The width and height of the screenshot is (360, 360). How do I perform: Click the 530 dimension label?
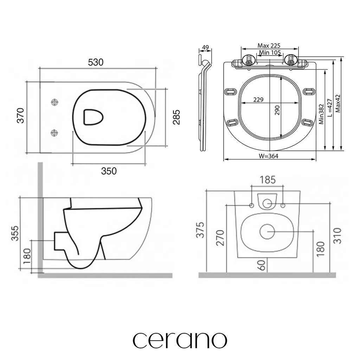point(96,62)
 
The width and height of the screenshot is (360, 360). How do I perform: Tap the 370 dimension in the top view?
point(21,115)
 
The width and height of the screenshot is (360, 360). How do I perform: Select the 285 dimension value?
point(176,117)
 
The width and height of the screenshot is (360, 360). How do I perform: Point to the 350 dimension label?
point(109,171)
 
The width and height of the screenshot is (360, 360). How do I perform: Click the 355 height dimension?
point(15,233)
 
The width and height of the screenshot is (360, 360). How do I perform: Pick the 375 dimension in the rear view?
point(200,230)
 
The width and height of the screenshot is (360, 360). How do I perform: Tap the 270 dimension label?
point(220,238)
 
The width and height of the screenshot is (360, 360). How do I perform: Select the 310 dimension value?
point(337,236)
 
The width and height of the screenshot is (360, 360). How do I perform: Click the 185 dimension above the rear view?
point(268,180)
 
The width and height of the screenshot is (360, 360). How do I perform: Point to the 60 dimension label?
point(262,265)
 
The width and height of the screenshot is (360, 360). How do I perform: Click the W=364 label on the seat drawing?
point(268,156)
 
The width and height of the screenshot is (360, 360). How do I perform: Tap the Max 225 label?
point(269,46)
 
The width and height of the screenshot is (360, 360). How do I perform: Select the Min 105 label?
point(270,53)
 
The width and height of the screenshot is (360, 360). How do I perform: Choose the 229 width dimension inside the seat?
point(258,99)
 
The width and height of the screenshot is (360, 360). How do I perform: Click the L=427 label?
point(330,108)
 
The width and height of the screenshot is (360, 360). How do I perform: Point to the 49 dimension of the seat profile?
point(205,47)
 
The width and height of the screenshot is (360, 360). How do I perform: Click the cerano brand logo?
point(180,340)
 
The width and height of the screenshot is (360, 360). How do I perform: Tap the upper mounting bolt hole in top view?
point(54,102)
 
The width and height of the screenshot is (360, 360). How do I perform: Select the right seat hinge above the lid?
point(291,60)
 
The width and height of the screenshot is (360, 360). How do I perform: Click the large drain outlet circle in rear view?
point(267,231)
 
